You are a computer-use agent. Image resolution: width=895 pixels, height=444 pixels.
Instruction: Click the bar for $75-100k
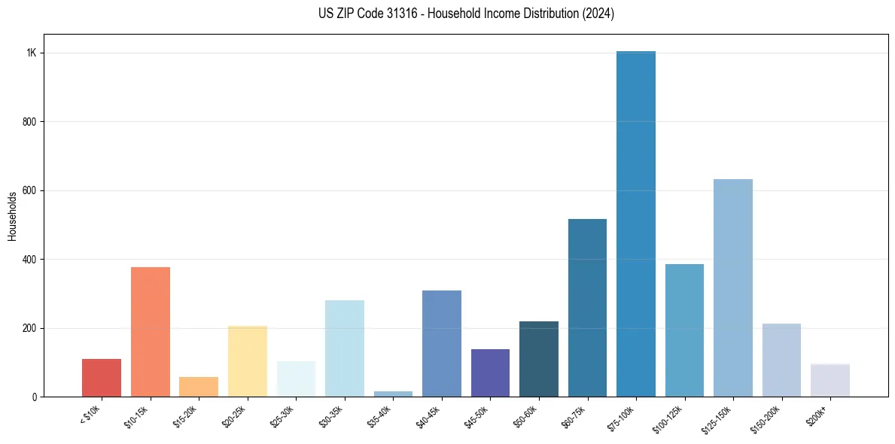click(636, 226)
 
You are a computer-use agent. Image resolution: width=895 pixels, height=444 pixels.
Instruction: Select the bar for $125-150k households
click(732, 290)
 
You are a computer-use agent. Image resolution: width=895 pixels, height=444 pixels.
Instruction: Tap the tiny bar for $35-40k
click(393, 394)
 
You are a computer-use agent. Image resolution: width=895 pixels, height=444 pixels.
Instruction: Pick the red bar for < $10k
click(102, 379)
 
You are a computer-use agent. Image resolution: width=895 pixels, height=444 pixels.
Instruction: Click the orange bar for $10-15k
click(151, 333)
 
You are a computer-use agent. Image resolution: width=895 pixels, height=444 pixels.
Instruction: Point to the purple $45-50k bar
click(490, 373)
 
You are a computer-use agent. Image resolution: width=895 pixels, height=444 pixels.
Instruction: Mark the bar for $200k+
click(830, 381)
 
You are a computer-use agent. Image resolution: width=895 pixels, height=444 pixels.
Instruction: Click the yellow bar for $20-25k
click(248, 362)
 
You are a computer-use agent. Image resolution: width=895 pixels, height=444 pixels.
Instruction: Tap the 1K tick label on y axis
click(31, 53)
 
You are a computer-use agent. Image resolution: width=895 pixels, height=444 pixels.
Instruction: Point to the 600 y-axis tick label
click(29, 190)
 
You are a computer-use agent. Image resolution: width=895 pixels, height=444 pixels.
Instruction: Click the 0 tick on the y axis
click(35, 397)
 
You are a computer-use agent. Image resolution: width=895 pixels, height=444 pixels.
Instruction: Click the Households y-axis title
click(12, 216)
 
